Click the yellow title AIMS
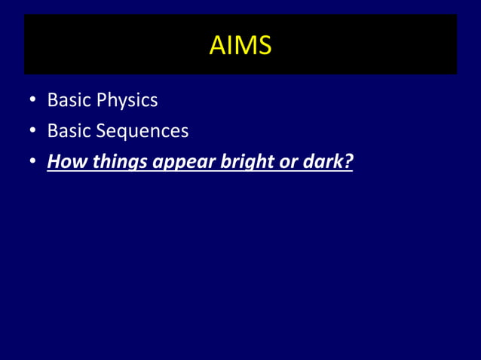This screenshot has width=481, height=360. pyautogui.click(x=240, y=46)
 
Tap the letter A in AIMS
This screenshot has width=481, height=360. pyautogui.click(x=216, y=46)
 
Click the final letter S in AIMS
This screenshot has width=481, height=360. pyautogui.click(x=263, y=46)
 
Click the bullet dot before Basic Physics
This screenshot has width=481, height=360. pyautogui.click(x=33, y=101)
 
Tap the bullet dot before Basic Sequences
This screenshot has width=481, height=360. pyautogui.click(x=33, y=132)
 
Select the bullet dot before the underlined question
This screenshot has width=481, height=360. pyautogui.click(x=33, y=163)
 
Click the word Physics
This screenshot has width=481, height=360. pyautogui.click(x=127, y=100)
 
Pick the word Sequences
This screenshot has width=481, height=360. pyautogui.click(x=142, y=132)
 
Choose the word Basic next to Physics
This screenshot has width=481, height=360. pyautogui.click(x=69, y=99)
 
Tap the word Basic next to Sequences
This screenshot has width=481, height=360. pyautogui.click(x=69, y=131)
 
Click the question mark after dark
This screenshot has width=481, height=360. pyautogui.click(x=348, y=162)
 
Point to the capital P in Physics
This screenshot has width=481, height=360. pyautogui.click(x=100, y=99)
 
